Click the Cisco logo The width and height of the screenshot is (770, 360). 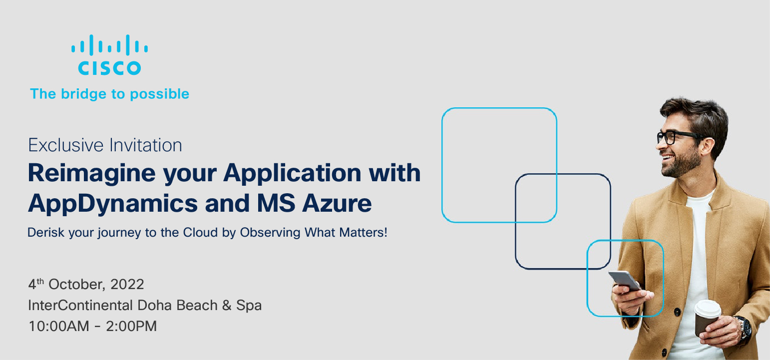pyautogui.click(x=109, y=55)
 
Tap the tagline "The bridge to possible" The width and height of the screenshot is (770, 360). pyautogui.click(x=109, y=94)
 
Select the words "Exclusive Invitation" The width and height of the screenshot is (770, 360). pyautogui.click(x=105, y=145)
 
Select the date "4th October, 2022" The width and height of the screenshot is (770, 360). pyautogui.click(x=86, y=285)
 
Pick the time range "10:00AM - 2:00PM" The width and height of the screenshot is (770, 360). pyautogui.click(x=92, y=327)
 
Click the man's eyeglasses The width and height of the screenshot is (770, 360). pyautogui.click(x=675, y=136)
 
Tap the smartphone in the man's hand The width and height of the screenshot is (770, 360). pyautogui.click(x=624, y=281)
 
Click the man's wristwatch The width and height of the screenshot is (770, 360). pyautogui.click(x=743, y=329)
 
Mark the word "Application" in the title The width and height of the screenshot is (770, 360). pyautogui.click(x=292, y=173)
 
